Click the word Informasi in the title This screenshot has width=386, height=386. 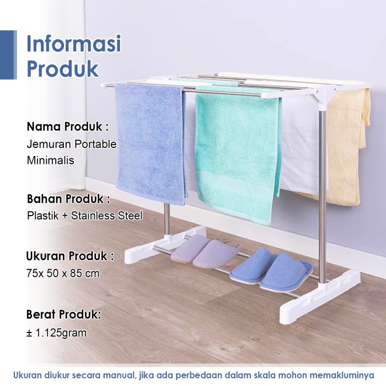73,44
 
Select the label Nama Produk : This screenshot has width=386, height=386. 68,126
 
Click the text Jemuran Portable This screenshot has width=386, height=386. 71,144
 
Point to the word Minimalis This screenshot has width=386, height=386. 51,160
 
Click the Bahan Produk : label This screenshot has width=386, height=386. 68,199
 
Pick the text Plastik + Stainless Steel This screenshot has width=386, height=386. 85,216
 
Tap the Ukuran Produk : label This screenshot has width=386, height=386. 70,256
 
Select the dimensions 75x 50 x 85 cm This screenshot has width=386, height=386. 63,273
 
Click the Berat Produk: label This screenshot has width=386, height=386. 64,314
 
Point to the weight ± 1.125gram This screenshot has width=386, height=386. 57,333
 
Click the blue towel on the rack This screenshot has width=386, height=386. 151,143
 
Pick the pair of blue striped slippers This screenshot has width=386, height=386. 271,269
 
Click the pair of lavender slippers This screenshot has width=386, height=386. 206,250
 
